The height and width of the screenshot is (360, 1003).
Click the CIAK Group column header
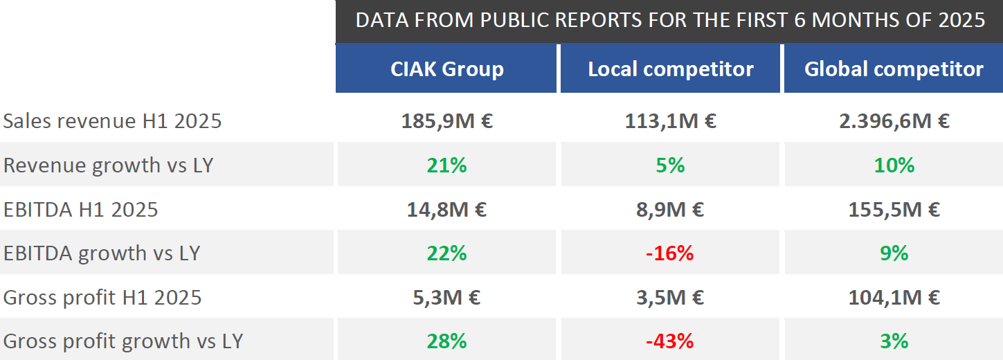click(446, 69)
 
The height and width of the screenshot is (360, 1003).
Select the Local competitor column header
click(670, 69)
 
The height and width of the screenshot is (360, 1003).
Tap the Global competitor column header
click(894, 69)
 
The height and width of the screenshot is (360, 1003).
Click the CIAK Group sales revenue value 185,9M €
click(446, 121)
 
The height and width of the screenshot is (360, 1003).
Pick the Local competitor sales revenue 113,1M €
click(670, 121)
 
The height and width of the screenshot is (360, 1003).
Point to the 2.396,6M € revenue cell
click(894, 121)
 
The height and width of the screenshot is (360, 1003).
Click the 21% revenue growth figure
click(446, 165)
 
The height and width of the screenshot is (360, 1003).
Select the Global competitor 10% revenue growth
click(894, 165)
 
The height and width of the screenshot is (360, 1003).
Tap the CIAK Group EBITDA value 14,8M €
click(446, 209)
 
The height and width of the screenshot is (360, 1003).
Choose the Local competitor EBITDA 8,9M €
click(670, 209)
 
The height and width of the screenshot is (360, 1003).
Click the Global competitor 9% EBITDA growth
click(894, 253)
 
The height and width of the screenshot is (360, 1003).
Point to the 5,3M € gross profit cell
click(446, 298)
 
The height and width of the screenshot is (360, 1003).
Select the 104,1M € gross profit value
click(894, 298)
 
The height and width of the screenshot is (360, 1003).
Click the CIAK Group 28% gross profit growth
click(446, 341)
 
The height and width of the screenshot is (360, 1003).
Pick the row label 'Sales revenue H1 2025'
click(112, 121)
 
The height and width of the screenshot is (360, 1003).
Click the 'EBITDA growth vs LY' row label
click(102, 253)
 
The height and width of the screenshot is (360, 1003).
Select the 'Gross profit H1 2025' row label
click(102, 298)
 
